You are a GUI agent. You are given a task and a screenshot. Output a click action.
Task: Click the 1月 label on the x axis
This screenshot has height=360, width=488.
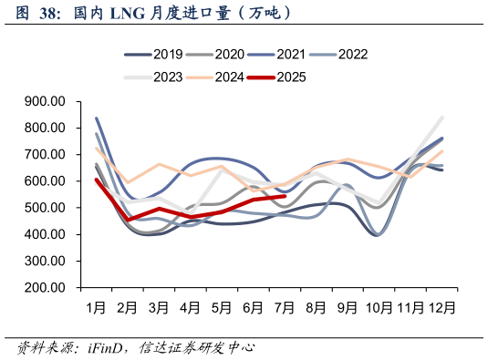[x=96, y=307]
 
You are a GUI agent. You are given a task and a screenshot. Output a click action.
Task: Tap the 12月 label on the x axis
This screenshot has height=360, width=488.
[x=442, y=307]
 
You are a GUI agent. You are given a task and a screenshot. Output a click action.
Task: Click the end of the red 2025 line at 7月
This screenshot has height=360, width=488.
[x=286, y=196]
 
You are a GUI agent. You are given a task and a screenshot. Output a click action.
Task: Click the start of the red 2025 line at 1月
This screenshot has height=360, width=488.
[x=97, y=180]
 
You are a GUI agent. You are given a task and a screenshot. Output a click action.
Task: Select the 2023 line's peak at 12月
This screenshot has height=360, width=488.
[x=442, y=118]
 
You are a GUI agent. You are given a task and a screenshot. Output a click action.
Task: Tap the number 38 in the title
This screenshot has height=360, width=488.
[x=50, y=13]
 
